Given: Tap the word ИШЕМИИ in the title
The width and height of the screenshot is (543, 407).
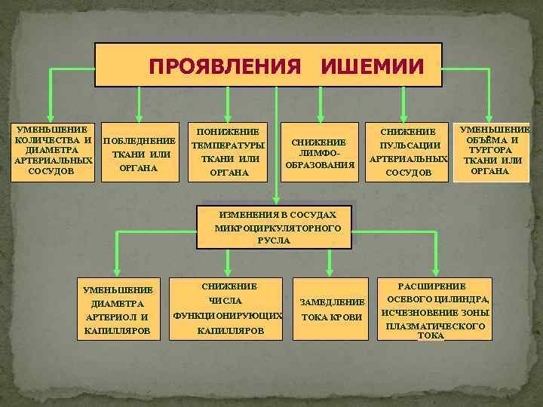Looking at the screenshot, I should [x=371, y=66].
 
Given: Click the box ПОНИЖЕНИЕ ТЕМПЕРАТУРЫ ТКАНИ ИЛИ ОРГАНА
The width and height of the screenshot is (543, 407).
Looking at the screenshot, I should [x=227, y=151].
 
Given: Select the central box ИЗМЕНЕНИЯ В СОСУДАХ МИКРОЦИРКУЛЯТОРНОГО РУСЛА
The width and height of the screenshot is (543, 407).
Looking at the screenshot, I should [x=278, y=226].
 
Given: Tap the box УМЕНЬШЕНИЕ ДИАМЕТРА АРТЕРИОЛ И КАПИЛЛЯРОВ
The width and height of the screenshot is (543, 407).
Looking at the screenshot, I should [x=118, y=310].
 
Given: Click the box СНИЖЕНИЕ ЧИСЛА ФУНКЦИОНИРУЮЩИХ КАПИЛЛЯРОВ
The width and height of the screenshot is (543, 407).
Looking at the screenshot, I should [x=227, y=308].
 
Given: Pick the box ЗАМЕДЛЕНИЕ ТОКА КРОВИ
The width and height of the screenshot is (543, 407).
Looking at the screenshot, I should [x=332, y=309].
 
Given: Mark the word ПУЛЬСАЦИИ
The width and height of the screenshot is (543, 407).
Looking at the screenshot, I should [x=408, y=145].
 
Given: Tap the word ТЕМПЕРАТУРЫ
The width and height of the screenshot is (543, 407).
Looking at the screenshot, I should [x=227, y=145].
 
